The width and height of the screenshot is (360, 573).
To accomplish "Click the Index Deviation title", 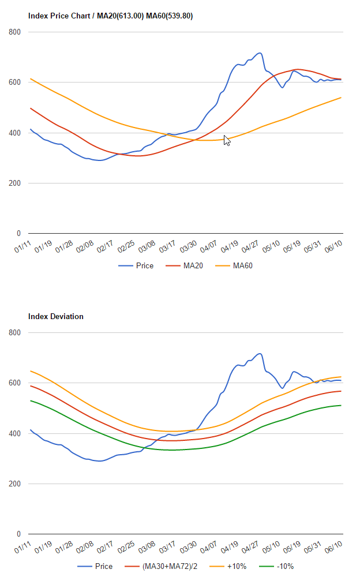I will pos(56,317).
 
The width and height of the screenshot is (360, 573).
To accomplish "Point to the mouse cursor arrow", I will pos(226,140).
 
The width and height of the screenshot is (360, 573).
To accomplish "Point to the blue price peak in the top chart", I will pos(260,53).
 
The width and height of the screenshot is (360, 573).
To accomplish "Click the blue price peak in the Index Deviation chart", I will pos(260,354).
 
